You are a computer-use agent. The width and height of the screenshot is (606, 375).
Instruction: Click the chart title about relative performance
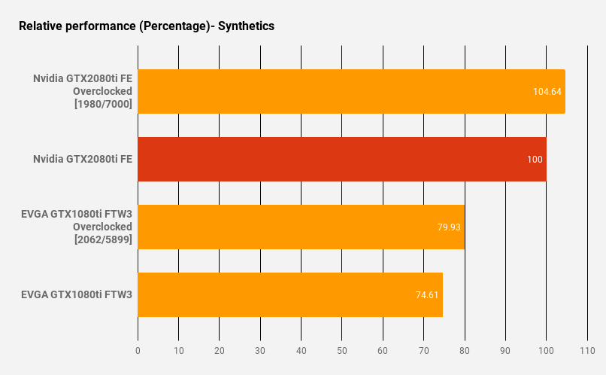[147, 26]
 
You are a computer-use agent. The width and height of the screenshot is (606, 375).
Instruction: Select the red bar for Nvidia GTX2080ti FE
[342, 159]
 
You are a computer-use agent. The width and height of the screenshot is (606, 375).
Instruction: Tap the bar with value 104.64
[351, 91]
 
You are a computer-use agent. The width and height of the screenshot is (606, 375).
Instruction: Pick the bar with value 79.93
[301, 227]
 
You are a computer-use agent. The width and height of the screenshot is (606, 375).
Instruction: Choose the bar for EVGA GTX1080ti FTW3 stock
[290, 294]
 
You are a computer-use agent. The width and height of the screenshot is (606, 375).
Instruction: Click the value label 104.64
[547, 91]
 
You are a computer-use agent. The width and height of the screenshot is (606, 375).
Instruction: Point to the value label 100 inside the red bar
[535, 159]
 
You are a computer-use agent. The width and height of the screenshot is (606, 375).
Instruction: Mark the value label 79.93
[449, 227]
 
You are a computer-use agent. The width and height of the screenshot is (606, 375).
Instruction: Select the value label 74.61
[427, 294]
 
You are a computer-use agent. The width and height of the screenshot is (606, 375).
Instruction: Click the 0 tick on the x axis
[138, 351]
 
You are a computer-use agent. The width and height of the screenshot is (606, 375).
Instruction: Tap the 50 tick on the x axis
[342, 351]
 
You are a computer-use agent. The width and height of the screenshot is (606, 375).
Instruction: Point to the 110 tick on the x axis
[587, 351]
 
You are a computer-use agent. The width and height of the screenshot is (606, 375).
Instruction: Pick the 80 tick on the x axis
[465, 351]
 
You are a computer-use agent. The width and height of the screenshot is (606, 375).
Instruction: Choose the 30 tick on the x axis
[260, 351]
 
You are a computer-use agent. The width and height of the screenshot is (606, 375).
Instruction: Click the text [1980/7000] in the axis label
[103, 104]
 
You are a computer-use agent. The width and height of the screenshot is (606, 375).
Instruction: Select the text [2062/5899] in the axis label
[103, 239]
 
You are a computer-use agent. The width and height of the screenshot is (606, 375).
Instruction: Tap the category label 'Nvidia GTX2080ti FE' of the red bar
[83, 159]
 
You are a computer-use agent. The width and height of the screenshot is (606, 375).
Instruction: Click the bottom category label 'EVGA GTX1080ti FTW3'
[77, 294]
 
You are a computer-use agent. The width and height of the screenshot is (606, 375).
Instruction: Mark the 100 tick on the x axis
[546, 351]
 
